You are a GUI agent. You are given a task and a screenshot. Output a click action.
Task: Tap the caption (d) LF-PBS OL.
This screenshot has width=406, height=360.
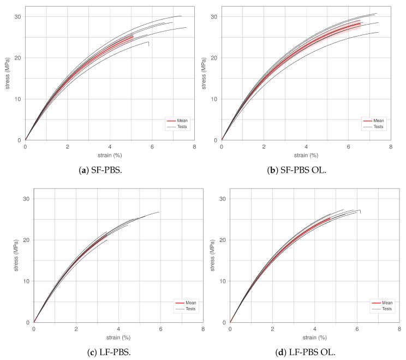(x=307, y=351)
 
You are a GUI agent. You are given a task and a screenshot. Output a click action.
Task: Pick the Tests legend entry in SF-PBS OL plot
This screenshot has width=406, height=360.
(x=379, y=127)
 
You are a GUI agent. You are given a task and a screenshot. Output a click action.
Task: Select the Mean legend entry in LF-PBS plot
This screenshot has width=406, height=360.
(x=191, y=302)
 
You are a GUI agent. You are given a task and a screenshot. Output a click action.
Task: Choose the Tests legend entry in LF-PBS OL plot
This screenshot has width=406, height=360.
(x=387, y=309)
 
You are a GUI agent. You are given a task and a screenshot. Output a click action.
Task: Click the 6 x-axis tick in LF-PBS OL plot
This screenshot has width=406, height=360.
(x=357, y=329)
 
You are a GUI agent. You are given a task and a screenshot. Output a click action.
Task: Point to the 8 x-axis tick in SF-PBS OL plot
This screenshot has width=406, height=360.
(x=391, y=147)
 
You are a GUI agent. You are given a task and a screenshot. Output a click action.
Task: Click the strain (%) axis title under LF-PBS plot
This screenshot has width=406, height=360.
(x=118, y=337)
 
